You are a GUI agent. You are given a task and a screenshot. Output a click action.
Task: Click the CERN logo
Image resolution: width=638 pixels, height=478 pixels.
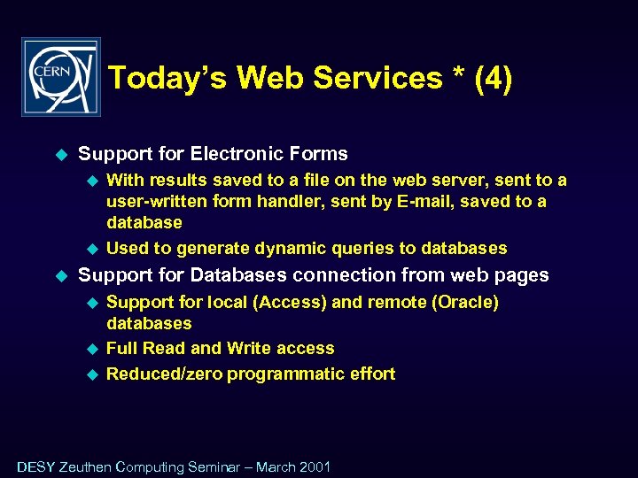click(61, 77)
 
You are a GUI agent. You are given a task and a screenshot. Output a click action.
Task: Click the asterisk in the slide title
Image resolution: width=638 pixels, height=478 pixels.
click(459, 74)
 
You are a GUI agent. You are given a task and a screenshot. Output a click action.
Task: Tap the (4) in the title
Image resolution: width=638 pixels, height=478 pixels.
click(493, 78)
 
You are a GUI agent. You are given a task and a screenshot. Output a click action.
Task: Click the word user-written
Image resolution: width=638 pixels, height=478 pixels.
click(156, 201)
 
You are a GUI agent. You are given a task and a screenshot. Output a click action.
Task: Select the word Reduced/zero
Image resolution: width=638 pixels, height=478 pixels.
click(164, 374)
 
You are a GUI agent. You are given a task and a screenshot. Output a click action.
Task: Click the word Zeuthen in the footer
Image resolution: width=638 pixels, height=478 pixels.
click(85, 466)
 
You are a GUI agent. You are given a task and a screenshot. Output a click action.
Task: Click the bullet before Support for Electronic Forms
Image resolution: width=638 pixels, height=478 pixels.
click(62, 154)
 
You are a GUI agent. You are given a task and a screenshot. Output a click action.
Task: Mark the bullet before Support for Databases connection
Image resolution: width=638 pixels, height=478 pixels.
click(62, 276)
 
